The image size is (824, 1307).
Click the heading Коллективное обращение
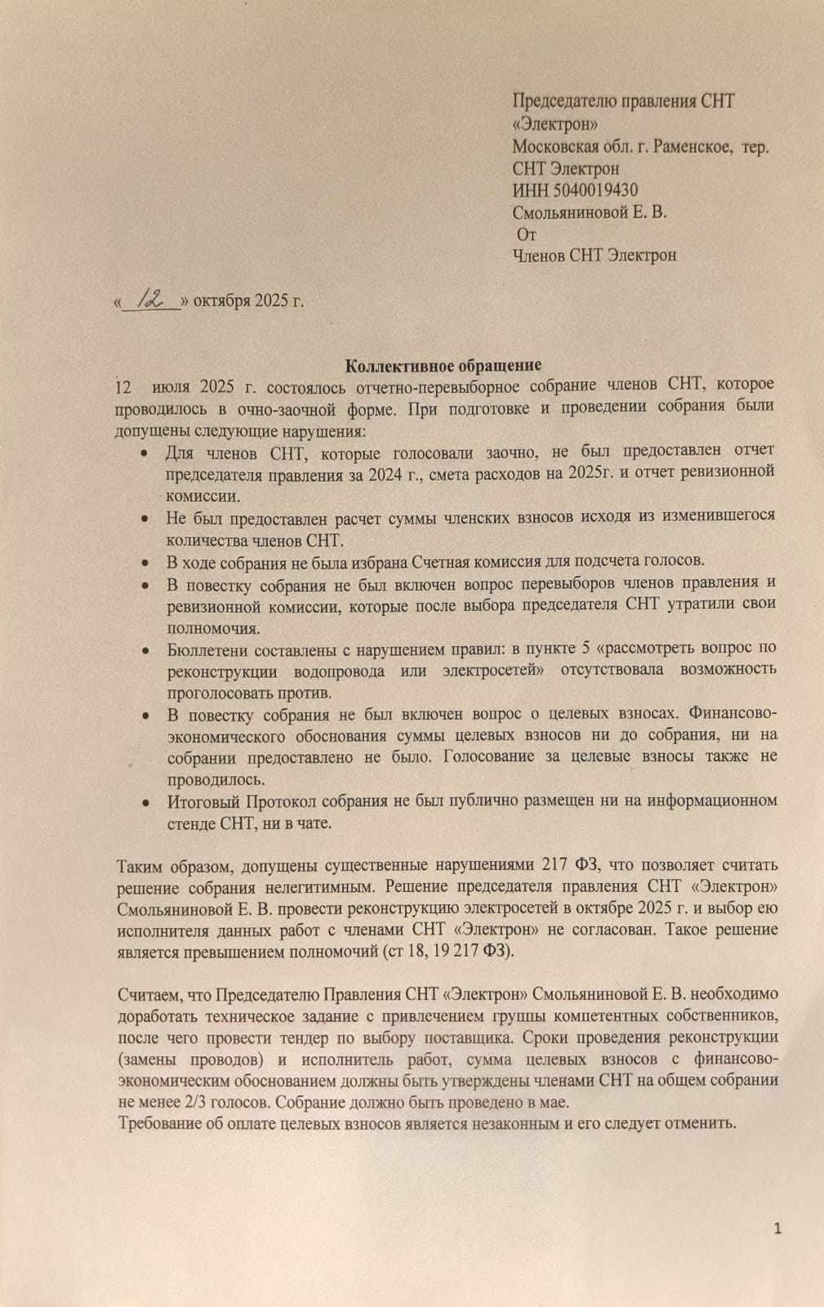pyautogui.click(x=443, y=365)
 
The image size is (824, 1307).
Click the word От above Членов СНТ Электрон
pyautogui.click(x=528, y=234)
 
